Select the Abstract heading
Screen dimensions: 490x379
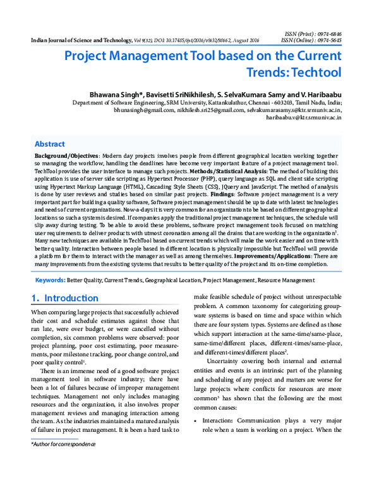[x=49, y=144]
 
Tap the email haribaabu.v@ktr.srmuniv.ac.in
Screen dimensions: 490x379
[x=304, y=117]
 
